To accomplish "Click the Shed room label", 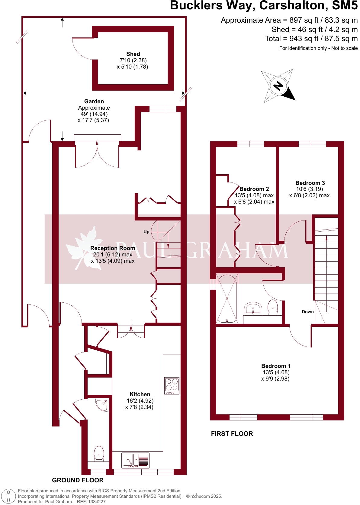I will coord(133,54).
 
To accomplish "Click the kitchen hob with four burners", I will coord(172,386).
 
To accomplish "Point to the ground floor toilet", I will coord(99,453).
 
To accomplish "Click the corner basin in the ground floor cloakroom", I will coord(102,404).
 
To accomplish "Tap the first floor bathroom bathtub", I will coord(227,298).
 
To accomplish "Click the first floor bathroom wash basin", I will coord(253,308).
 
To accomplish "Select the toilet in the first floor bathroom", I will coord(273,307).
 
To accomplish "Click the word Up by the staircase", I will coord(146,232).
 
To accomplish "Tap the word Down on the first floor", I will coord(308,312).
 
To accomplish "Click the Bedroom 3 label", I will coord(310,183).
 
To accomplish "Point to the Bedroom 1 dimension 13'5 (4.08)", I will coord(276,372).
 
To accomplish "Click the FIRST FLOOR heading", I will coord(232,434).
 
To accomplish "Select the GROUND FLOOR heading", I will coord(78,480).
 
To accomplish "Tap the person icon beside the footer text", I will coord(9,496).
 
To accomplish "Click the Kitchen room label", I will coord(140,394).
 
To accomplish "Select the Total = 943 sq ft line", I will coord(311,39).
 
